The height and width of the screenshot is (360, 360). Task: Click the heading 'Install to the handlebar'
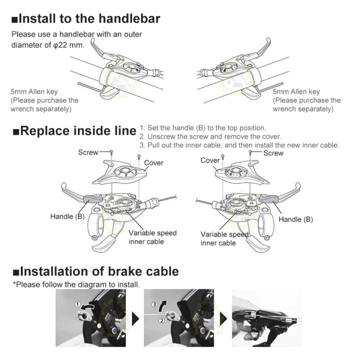(x=86, y=19)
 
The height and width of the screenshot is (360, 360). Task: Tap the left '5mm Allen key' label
(x=34, y=91)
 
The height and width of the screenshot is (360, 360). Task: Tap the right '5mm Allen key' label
(x=296, y=91)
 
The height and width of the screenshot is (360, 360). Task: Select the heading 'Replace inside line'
(x=74, y=132)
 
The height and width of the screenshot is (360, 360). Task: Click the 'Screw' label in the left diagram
(x=88, y=152)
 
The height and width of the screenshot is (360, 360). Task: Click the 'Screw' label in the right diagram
(x=273, y=153)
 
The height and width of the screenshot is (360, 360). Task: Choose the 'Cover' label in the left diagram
(x=153, y=162)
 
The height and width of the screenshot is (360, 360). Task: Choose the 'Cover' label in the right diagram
(x=210, y=160)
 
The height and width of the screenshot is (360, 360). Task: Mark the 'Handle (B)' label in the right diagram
(x=295, y=219)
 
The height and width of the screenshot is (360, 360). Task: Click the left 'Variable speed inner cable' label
(x=152, y=237)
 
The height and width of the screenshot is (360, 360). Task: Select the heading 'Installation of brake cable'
(x=95, y=271)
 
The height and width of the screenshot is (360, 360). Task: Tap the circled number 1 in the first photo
(x=77, y=304)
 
